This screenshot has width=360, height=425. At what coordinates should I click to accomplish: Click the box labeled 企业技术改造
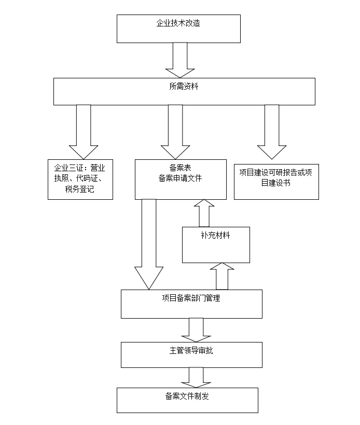[x=178, y=29]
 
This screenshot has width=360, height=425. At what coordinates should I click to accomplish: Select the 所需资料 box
[x=184, y=91]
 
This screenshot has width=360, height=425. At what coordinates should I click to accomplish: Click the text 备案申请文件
[x=180, y=178]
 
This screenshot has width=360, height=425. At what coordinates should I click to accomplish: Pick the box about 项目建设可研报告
[x=276, y=180]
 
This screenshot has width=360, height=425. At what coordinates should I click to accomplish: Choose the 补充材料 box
[x=215, y=244]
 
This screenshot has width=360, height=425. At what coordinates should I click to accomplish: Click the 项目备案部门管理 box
[x=191, y=304]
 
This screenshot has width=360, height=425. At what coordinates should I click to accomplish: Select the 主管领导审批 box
[x=191, y=354]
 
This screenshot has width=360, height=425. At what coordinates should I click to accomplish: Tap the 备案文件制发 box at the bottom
[x=187, y=400]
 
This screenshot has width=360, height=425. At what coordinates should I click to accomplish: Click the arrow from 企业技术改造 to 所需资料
[x=179, y=60]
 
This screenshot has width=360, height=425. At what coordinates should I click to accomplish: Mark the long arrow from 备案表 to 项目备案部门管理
[x=149, y=244]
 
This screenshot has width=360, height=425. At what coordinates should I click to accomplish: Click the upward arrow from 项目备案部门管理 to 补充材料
[x=222, y=276]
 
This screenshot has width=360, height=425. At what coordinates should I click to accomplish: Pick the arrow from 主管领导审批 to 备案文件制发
[x=196, y=377]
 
